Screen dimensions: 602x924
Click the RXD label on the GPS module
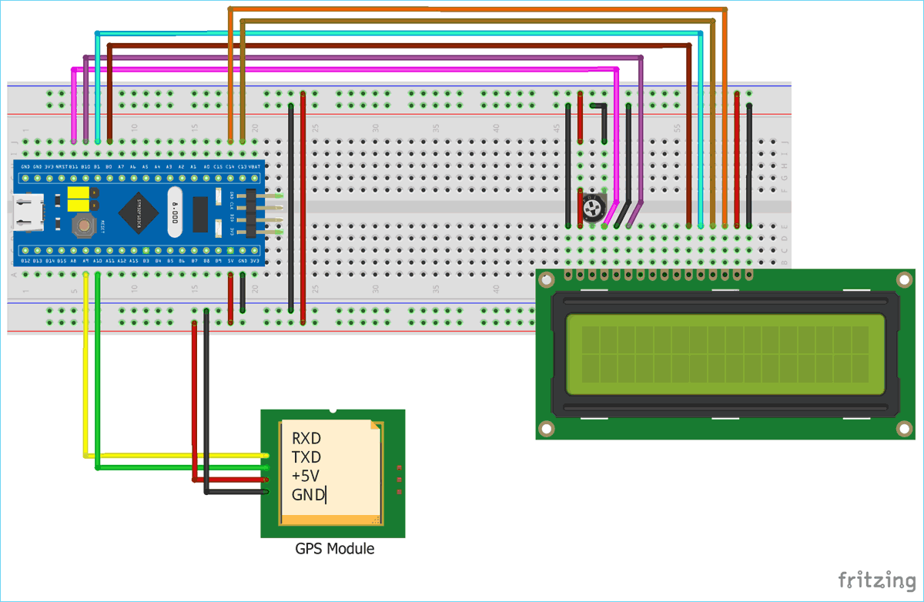click(x=306, y=439)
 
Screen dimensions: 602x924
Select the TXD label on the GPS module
click(x=306, y=457)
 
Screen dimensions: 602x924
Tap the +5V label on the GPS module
click(x=306, y=476)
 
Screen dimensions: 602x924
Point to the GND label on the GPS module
click(x=307, y=495)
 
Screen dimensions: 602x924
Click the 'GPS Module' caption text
click(x=334, y=549)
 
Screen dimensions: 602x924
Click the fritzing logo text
click(x=871, y=580)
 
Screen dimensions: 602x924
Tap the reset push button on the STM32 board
click(x=82, y=226)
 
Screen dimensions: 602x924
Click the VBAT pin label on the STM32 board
click(x=255, y=166)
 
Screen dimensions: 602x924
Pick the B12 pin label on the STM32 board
click(x=26, y=262)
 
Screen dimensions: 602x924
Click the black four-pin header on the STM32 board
click(x=251, y=213)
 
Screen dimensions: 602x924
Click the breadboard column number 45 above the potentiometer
click(x=557, y=127)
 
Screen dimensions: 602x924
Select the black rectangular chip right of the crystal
click(x=200, y=214)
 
